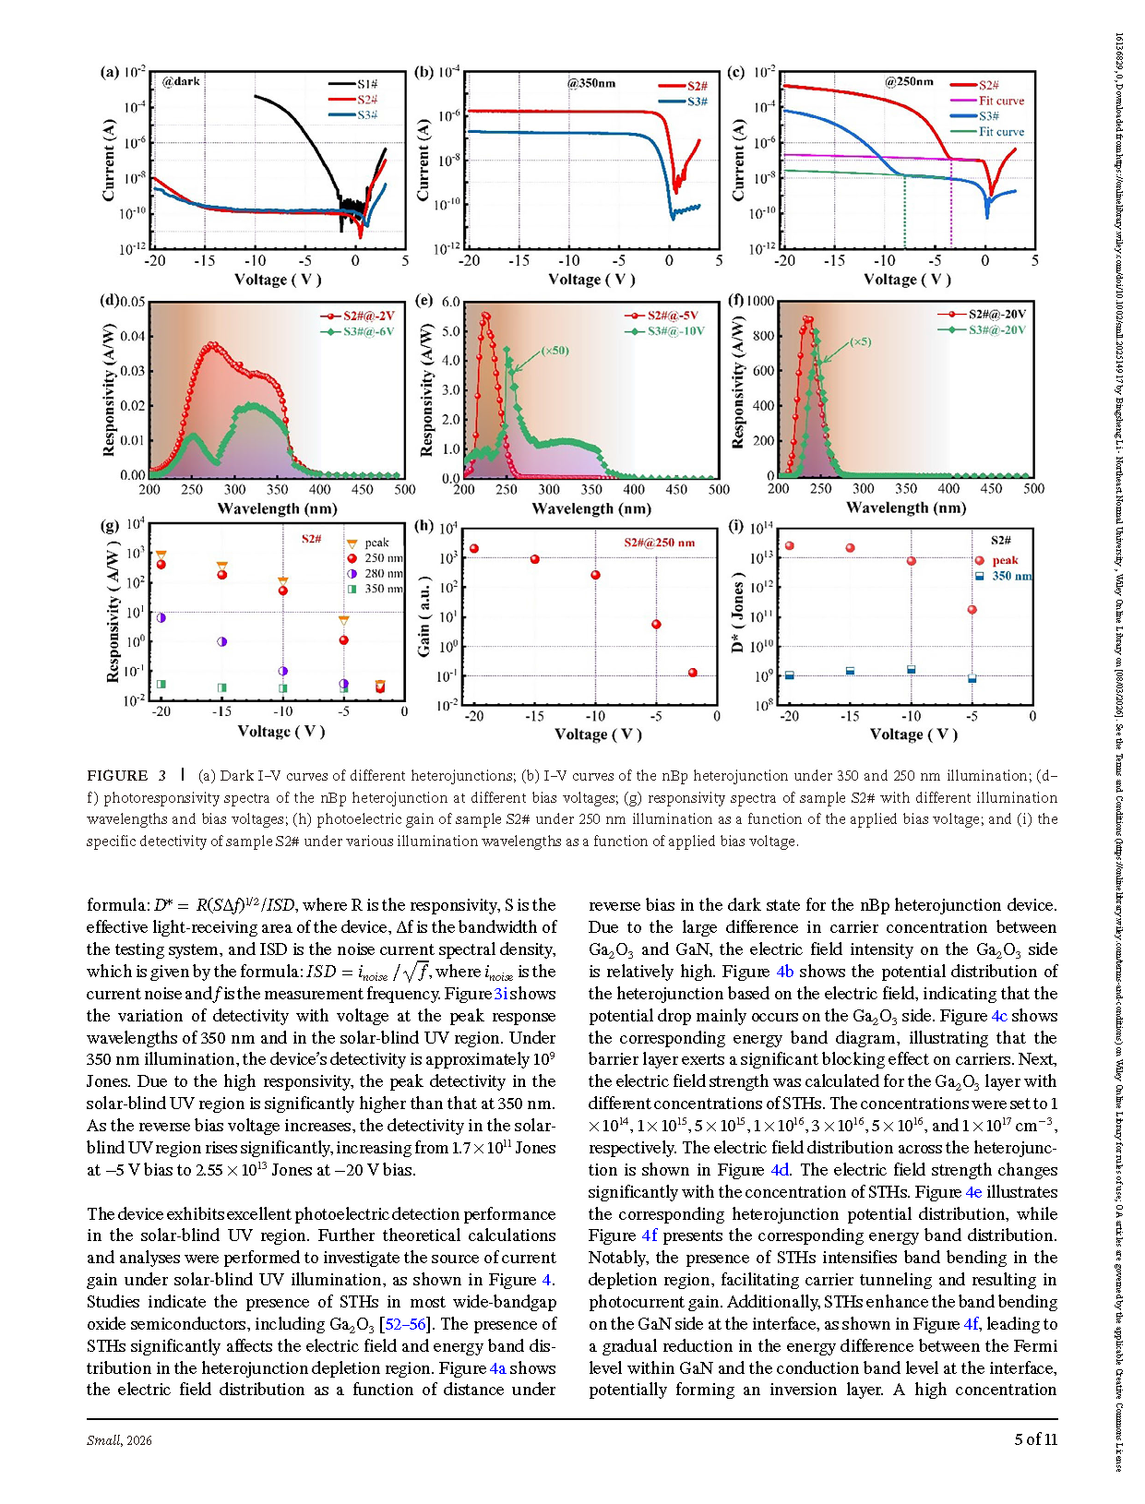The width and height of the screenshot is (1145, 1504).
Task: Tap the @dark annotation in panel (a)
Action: [x=181, y=81]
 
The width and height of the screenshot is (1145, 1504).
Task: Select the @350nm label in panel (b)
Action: [x=590, y=83]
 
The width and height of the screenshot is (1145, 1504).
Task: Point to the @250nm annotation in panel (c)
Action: [x=909, y=81]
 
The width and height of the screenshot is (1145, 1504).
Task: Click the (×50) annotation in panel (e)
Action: [x=555, y=351]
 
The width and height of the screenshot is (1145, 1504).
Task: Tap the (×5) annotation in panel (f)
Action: [x=860, y=341]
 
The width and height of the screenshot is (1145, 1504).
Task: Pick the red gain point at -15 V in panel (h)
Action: [x=535, y=559]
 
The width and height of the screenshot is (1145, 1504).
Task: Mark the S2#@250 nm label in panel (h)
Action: [x=659, y=543]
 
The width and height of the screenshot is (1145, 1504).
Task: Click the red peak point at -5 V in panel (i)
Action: [x=972, y=610]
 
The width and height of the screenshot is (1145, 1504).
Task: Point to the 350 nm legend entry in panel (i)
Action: [x=1011, y=576]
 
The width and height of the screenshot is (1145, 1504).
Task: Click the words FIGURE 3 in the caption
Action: [x=126, y=776]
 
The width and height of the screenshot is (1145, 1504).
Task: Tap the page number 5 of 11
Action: [x=1035, y=1438]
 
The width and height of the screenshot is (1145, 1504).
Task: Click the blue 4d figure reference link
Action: [x=780, y=1170]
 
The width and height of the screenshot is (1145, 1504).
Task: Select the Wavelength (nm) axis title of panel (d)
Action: [x=277, y=508]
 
